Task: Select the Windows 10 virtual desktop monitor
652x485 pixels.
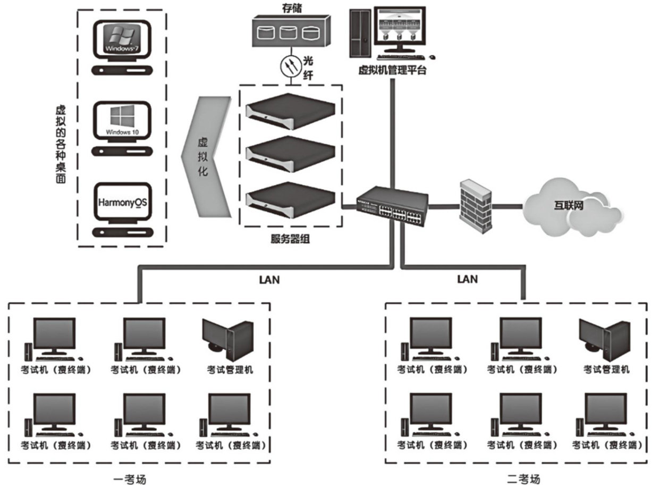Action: (122, 122)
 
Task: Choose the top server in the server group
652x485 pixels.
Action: (290, 110)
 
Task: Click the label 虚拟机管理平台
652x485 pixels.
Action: (392, 71)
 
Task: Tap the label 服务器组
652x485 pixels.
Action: (290, 239)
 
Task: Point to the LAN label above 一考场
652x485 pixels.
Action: (269, 279)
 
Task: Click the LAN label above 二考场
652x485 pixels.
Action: (467, 279)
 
